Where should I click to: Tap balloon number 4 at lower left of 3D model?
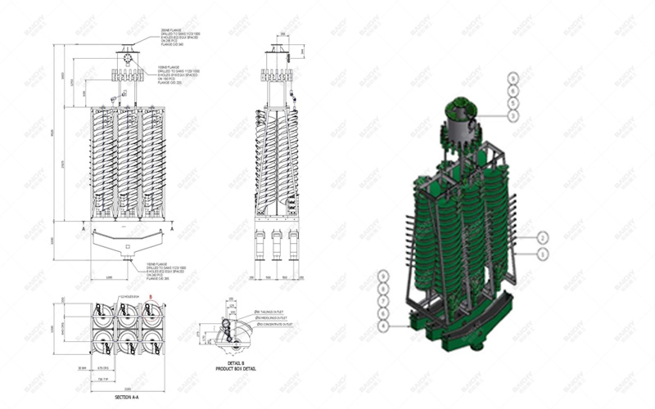coord(382,326)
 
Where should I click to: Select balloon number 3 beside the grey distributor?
coord(513,116)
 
